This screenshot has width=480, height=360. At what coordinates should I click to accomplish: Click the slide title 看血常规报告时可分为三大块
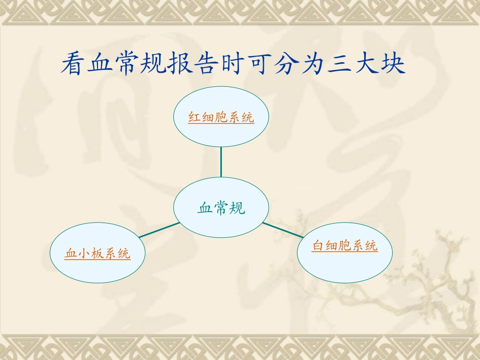233,64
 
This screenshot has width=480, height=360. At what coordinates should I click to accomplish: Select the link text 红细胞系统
221,118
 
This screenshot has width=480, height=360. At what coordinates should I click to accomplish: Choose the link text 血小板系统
98,253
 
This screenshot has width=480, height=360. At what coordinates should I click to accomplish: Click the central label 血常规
221,208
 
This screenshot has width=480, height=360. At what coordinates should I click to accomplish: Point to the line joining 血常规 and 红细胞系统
221,162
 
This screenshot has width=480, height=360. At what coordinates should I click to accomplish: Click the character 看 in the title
74,64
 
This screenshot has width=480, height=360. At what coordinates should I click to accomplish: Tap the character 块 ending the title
393,64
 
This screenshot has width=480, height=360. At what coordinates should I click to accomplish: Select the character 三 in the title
340,64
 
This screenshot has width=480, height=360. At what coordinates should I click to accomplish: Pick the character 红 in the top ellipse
195,118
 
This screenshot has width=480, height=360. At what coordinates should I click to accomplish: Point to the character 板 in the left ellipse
98,253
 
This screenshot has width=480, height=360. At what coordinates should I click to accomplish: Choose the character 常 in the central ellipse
221,208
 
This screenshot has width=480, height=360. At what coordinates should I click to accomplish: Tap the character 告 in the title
207,64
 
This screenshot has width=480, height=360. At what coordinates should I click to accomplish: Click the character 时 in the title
233,64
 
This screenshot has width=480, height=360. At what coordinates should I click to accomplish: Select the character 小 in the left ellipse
84,253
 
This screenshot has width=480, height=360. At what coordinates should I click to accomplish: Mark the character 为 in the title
313,64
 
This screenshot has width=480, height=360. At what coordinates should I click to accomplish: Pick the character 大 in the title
366,64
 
